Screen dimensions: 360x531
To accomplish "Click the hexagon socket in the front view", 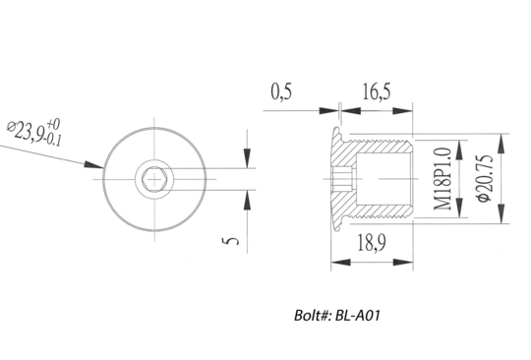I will pos(152,179).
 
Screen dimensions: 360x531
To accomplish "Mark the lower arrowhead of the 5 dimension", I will pos(246,200).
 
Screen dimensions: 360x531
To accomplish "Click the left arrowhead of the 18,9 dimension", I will pos(336,262).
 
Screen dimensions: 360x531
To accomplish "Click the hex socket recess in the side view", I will pos(340,180).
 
